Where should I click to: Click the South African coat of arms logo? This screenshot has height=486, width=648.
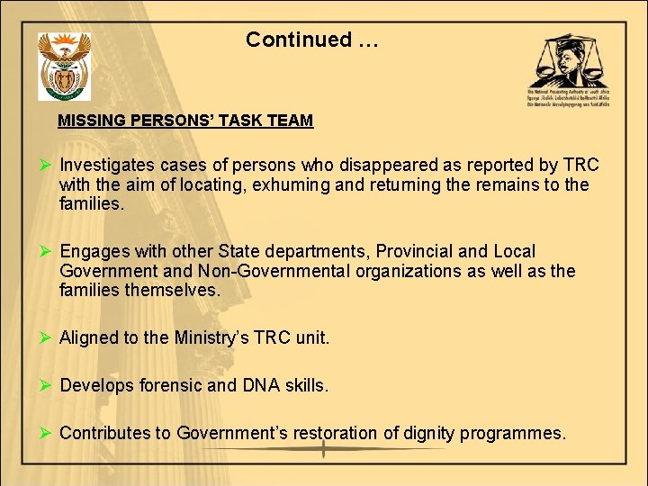(x=64, y=66)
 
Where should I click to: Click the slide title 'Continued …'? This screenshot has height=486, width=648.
(x=311, y=40)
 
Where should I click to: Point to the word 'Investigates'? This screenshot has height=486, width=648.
(x=105, y=166)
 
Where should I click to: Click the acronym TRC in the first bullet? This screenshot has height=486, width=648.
(x=580, y=166)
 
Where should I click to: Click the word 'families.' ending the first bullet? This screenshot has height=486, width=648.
(x=90, y=203)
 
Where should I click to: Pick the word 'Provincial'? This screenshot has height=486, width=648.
(x=418, y=252)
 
